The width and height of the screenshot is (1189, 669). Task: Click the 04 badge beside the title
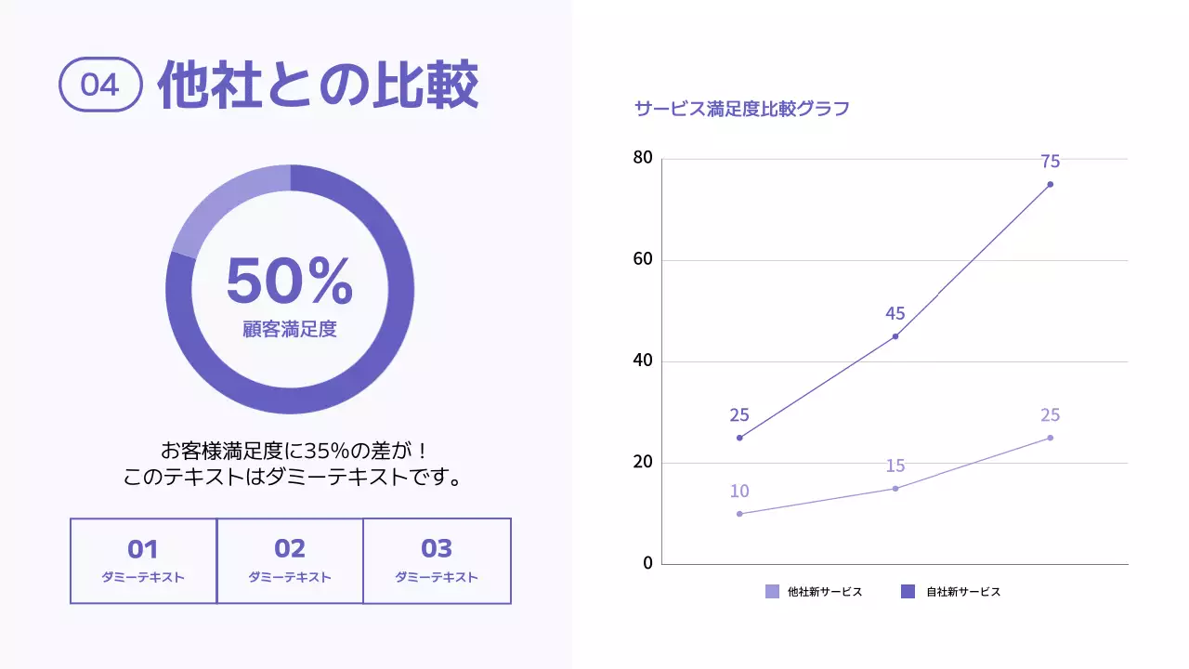(100, 85)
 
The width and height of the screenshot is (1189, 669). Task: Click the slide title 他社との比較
(318, 85)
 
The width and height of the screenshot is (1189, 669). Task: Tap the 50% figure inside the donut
(289, 281)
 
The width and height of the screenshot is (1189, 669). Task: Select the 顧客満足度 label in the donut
(289, 329)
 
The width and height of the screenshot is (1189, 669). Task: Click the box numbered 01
(143, 560)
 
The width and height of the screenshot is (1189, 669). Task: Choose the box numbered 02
(290, 560)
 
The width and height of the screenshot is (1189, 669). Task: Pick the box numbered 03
(437, 560)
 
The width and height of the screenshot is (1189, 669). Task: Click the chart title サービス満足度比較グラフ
(741, 109)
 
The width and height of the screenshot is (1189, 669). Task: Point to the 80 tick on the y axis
(643, 158)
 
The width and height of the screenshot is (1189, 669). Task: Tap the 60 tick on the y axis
(643, 259)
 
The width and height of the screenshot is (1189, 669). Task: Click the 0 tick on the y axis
(647, 563)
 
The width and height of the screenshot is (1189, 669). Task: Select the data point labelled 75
(1051, 184)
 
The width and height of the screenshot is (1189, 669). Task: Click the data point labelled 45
(895, 336)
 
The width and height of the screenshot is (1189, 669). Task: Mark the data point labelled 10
(739, 514)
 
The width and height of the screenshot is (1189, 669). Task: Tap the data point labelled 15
(895, 488)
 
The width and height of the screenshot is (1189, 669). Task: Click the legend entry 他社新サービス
(814, 591)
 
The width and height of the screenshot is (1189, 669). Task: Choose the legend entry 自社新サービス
(952, 591)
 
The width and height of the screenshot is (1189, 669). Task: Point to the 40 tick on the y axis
(643, 361)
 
